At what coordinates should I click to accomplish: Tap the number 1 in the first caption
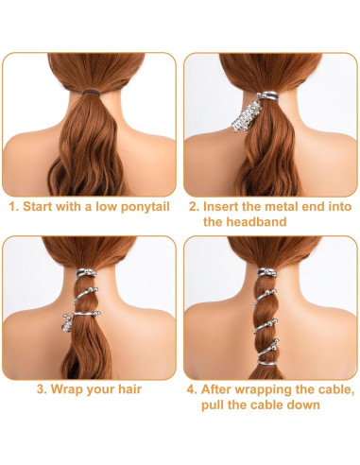11,204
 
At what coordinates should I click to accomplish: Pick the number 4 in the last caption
190,387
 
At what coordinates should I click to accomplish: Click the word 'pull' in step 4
218,405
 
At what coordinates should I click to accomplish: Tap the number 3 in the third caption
41,387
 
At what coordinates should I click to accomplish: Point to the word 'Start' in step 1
41,204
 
